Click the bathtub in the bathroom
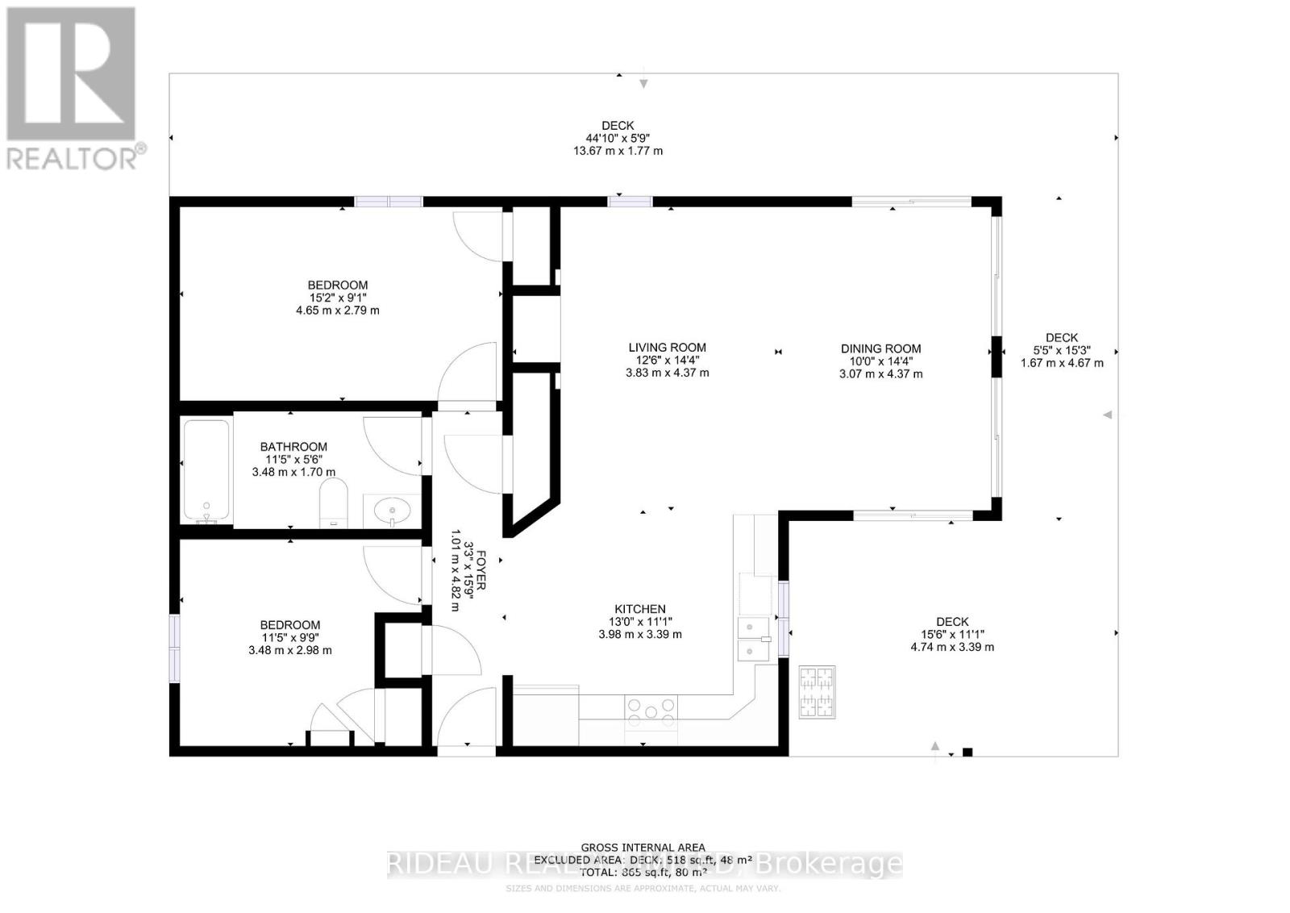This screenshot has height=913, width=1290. click(x=206, y=472)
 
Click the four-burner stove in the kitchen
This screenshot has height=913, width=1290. click(x=651, y=708)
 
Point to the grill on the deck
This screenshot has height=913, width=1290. click(x=817, y=692)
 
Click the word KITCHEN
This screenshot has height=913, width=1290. click(x=640, y=609)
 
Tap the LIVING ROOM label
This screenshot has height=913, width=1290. click(x=667, y=348)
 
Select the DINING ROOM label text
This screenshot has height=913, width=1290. click(x=880, y=348)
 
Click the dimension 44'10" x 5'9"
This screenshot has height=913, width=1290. click(x=618, y=138)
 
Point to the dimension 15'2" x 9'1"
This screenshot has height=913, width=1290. click(x=337, y=298)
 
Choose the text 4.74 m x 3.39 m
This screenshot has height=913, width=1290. click(x=952, y=647)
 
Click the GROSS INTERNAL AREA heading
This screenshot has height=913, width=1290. click(x=643, y=848)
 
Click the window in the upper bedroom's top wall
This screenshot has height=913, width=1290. click(x=389, y=202)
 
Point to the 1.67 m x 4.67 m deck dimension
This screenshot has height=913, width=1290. click(x=1062, y=363)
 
